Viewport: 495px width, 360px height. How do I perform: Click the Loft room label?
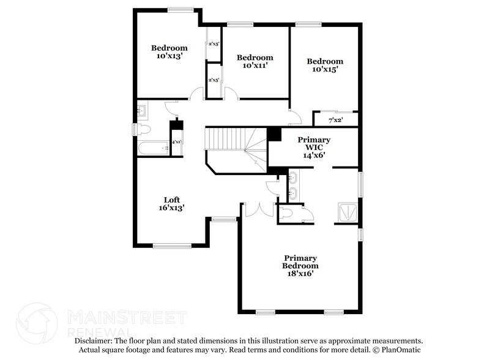coord(171,200)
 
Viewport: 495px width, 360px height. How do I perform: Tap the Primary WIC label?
coord(313,140)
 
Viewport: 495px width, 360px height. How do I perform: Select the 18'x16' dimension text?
coord(300,274)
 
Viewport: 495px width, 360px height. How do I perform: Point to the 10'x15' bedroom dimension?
coord(325,69)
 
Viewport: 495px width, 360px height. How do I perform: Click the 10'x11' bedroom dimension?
coord(255,66)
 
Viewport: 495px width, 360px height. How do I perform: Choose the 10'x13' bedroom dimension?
coord(169,56)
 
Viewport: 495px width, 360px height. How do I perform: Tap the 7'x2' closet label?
coord(336,120)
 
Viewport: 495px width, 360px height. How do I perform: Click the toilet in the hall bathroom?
coord(143,129)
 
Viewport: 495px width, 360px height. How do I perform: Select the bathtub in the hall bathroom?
coord(153,148)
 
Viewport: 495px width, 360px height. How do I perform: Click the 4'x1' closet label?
coord(176,142)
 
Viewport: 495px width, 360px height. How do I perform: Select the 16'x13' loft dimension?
coord(171,208)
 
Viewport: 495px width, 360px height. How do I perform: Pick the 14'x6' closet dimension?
coord(313,155)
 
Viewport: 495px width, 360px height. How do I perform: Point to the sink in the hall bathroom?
coord(141,110)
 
